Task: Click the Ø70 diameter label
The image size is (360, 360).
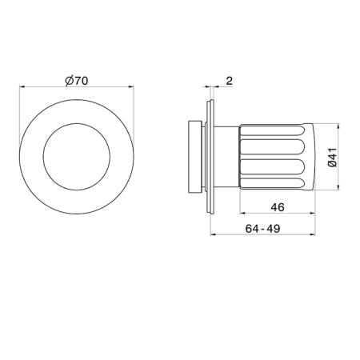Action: click(x=77, y=81)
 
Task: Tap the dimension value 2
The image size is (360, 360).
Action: click(x=230, y=81)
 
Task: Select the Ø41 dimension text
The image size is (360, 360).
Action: click(x=333, y=158)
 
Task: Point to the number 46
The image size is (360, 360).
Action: click(x=278, y=207)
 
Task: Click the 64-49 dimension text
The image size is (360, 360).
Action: click(x=262, y=229)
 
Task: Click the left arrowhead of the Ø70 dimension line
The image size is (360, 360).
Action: click(x=22, y=86)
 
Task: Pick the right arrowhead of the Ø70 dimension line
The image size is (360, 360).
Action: click(x=131, y=86)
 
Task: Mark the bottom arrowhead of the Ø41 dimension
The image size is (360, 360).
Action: click(x=338, y=188)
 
